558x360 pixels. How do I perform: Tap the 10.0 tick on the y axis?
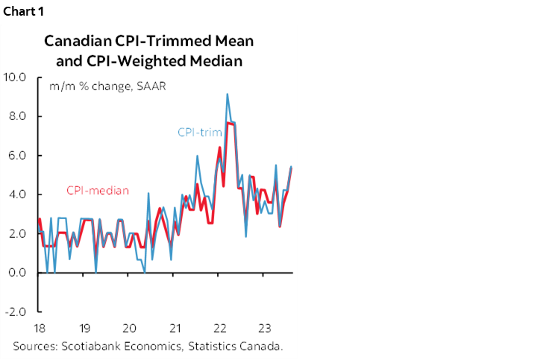tap(15, 77)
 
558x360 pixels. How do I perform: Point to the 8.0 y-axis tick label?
tap(17, 116)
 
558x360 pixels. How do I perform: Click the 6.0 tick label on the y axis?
tap(17, 155)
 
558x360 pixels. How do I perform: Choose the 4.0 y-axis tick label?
tap(17, 195)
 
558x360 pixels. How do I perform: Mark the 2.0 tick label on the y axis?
tap(17, 233)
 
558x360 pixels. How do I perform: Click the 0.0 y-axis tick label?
tap(17, 273)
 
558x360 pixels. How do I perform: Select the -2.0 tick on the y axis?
tap(16, 312)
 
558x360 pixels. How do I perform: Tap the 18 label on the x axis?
tap(40, 327)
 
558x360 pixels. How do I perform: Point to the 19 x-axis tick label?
tap(85, 327)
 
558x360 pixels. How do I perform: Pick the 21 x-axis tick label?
tap(176, 327)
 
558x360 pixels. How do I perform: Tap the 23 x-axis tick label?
tap(265, 327)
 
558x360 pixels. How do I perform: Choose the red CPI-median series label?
tap(97, 191)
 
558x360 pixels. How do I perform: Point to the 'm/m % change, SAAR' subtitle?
tap(107, 86)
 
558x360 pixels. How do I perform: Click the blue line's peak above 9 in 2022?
tap(227, 95)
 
